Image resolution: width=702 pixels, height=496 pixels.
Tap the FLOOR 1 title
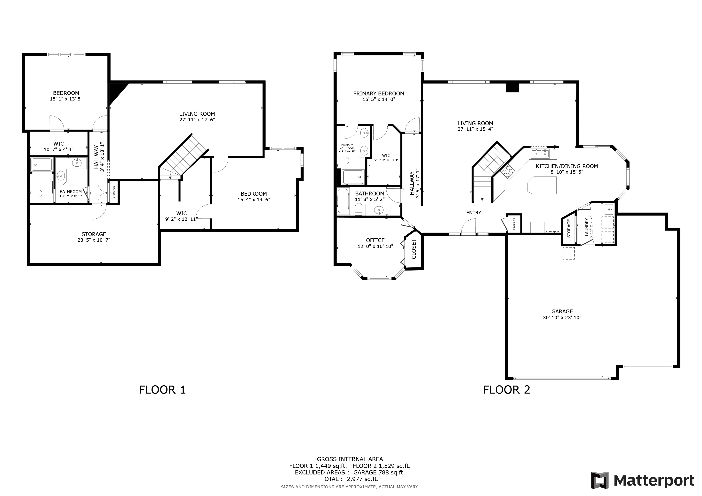click(x=162, y=390)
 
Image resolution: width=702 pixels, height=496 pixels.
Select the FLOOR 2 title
click(x=507, y=390)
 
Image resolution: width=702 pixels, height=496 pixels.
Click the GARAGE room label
click(x=562, y=311)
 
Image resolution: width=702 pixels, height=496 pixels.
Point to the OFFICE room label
click(x=375, y=240)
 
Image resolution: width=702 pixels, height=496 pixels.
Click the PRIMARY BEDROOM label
click(x=379, y=93)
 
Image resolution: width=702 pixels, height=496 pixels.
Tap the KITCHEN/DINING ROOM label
click(x=567, y=166)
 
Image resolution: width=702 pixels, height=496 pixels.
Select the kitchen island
click(x=542, y=185)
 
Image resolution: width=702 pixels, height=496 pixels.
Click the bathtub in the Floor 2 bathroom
click(x=343, y=201)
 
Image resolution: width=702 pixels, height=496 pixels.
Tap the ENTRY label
click(x=474, y=213)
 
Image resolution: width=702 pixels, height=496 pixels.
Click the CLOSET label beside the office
click(x=414, y=249)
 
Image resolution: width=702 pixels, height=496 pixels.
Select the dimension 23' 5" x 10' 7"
click(x=94, y=240)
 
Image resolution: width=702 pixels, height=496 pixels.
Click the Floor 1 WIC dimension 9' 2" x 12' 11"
click(x=182, y=219)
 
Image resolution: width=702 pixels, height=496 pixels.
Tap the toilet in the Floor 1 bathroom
click(x=36, y=193)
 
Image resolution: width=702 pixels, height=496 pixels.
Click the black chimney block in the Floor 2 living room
click(x=512, y=87)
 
